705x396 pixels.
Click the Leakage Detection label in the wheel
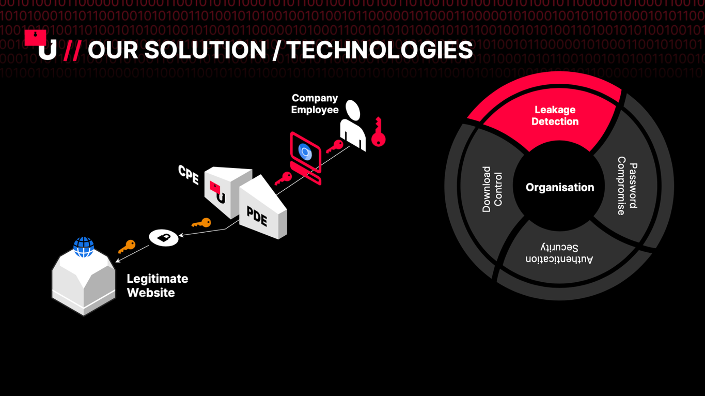tap(555, 116)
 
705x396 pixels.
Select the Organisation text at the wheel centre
tap(560, 188)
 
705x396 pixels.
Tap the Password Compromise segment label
tap(627, 186)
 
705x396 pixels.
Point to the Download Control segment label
tap(492, 189)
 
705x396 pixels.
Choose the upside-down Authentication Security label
tap(559, 253)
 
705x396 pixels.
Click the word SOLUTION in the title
tap(205, 50)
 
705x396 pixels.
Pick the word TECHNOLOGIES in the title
tap(380, 50)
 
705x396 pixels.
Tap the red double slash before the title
tap(72, 50)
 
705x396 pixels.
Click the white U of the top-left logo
tap(48, 50)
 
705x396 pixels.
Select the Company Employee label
tap(315, 104)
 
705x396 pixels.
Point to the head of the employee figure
tap(353, 110)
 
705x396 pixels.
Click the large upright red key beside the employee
tap(378, 132)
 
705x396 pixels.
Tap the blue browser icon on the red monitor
tap(305, 152)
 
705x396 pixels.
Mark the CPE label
tap(189, 175)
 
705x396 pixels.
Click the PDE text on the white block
tap(257, 217)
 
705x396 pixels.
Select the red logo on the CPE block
tap(217, 192)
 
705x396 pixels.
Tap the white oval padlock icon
tap(164, 238)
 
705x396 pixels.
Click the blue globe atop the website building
tap(84, 247)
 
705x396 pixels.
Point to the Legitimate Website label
tap(158, 286)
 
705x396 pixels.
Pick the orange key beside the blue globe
tap(127, 247)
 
